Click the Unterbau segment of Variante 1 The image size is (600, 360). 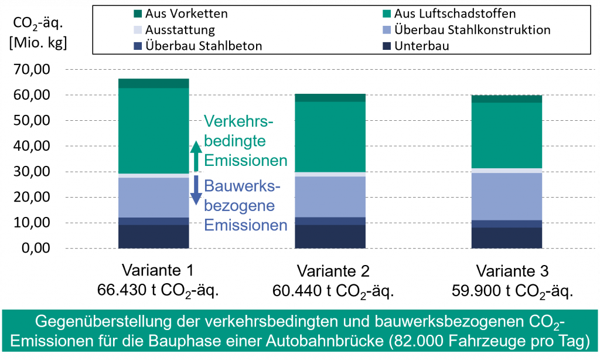(x=154, y=236)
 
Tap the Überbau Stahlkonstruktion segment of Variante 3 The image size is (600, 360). (x=507, y=196)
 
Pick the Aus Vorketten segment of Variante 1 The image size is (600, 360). (x=154, y=83)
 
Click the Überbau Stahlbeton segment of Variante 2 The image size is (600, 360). (x=330, y=221)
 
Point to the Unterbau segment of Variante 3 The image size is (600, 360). (x=507, y=237)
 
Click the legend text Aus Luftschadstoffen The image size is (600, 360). (x=455, y=13)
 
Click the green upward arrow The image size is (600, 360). (x=196, y=155)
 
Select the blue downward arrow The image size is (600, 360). (x=196, y=191)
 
